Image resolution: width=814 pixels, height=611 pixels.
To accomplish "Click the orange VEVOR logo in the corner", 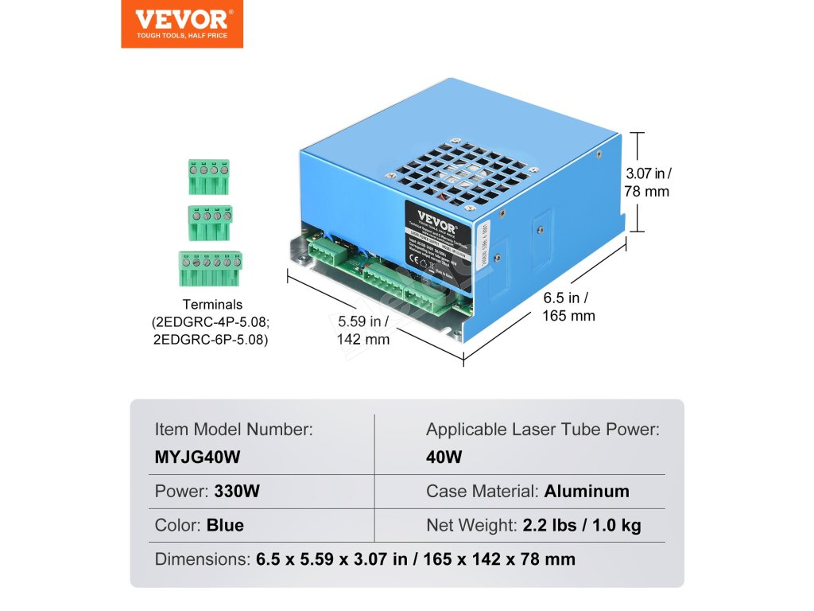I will pyautogui.click(x=182, y=24).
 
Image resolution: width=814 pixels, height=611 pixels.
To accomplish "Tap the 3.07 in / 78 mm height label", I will pyautogui.click(x=647, y=182).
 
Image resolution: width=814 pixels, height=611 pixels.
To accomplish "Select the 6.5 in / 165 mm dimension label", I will pyautogui.click(x=568, y=306).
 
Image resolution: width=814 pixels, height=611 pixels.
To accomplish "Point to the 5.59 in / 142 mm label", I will pyautogui.click(x=363, y=330).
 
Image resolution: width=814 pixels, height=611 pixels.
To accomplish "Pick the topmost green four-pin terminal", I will pyautogui.click(x=209, y=176).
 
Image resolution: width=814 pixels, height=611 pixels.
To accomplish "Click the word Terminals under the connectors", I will pyautogui.click(x=212, y=305).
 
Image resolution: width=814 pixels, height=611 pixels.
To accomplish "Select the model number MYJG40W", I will pyautogui.click(x=198, y=457).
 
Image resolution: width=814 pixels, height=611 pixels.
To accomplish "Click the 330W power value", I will pyautogui.click(x=237, y=492).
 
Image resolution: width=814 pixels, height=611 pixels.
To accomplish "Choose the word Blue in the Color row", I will pyautogui.click(x=225, y=525).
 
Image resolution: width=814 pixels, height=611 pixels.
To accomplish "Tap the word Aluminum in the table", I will pyautogui.click(x=587, y=492).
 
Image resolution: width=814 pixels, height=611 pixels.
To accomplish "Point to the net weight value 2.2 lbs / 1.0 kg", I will pyautogui.click(x=582, y=525).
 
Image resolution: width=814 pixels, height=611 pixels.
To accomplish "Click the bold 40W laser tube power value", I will pyautogui.click(x=444, y=457).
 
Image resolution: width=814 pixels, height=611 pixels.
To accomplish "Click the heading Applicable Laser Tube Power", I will pyautogui.click(x=543, y=430).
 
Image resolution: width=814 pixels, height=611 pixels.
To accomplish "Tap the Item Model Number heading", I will pyautogui.click(x=234, y=430).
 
